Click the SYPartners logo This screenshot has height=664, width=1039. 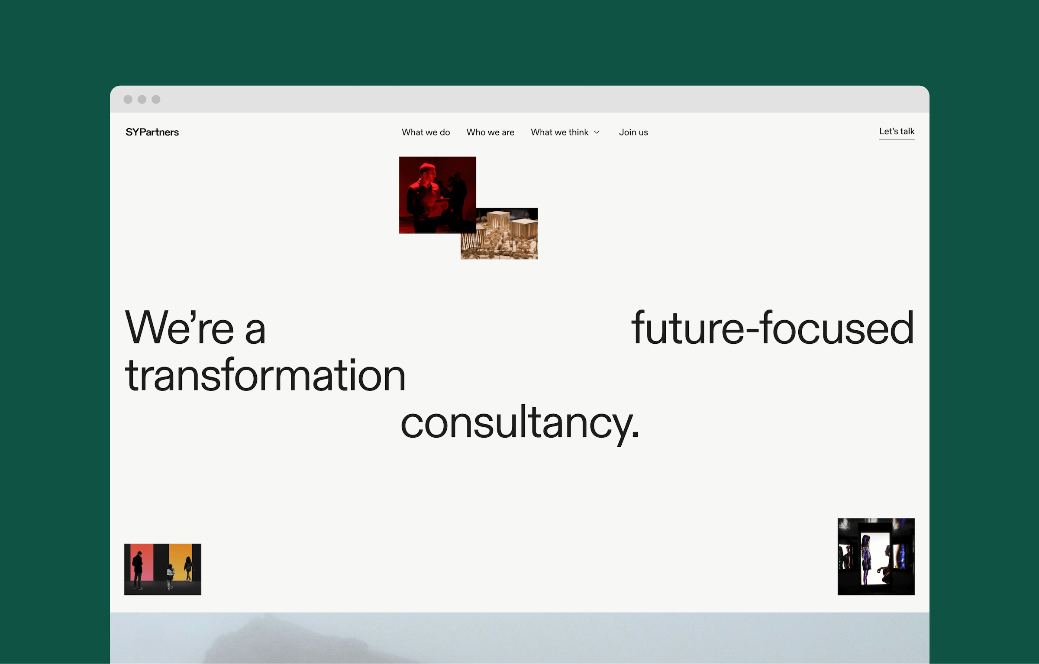click(152, 132)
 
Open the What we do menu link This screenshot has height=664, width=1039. click(426, 132)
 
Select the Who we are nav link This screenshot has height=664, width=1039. click(490, 132)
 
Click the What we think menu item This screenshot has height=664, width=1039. click(559, 132)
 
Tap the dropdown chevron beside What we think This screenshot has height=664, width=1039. click(597, 132)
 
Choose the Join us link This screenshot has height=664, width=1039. click(633, 132)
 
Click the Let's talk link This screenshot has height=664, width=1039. click(897, 131)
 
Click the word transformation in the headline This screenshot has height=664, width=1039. click(265, 375)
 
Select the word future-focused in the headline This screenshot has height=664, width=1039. click(772, 328)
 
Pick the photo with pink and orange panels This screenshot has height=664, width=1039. click(163, 569)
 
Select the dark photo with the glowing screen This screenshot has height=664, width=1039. click(876, 556)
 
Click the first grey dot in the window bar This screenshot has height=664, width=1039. click(128, 100)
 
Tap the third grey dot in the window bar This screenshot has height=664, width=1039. click(156, 100)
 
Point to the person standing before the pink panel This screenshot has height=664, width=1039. click(138, 569)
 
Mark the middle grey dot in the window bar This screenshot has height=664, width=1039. click(142, 100)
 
